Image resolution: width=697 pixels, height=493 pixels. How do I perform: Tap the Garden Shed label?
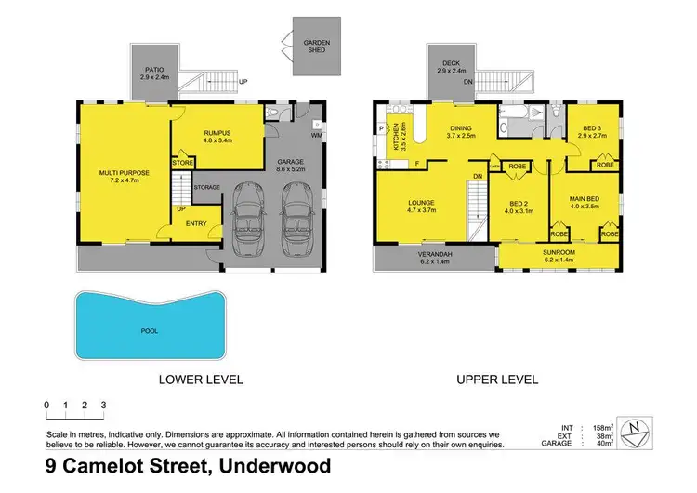coord(316,47)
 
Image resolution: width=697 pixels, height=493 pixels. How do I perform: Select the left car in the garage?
coord(252,215)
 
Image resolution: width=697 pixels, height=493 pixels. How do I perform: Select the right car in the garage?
coord(296,215)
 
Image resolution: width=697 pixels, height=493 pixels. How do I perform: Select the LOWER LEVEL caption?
coord(201,379)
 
